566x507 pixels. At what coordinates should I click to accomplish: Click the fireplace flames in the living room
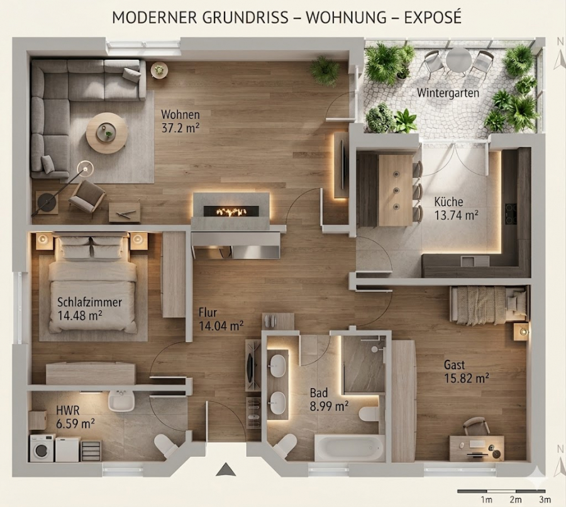click(x=231, y=211)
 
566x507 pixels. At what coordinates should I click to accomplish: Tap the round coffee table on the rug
click(x=106, y=133)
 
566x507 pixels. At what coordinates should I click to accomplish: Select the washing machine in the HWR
click(x=42, y=448)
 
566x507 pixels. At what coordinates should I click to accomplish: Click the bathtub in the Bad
click(x=350, y=448)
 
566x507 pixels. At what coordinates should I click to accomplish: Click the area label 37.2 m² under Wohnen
click(x=180, y=128)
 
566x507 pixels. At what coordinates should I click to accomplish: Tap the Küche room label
click(x=448, y=201)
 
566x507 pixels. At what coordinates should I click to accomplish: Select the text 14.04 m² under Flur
click(x=221, y=326)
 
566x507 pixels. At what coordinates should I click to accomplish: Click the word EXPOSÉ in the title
click(x=433, y=18)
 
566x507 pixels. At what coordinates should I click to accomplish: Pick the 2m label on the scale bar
click(x=516, y=500)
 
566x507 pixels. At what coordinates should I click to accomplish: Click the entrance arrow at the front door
click(x=226, y=469)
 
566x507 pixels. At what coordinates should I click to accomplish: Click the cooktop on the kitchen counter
click(x=511, y=213)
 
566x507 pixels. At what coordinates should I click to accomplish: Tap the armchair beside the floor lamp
click(x=87, y=196)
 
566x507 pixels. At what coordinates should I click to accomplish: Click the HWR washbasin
click(x=121, y=401)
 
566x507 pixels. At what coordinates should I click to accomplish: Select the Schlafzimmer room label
click(x=89, y=302)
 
